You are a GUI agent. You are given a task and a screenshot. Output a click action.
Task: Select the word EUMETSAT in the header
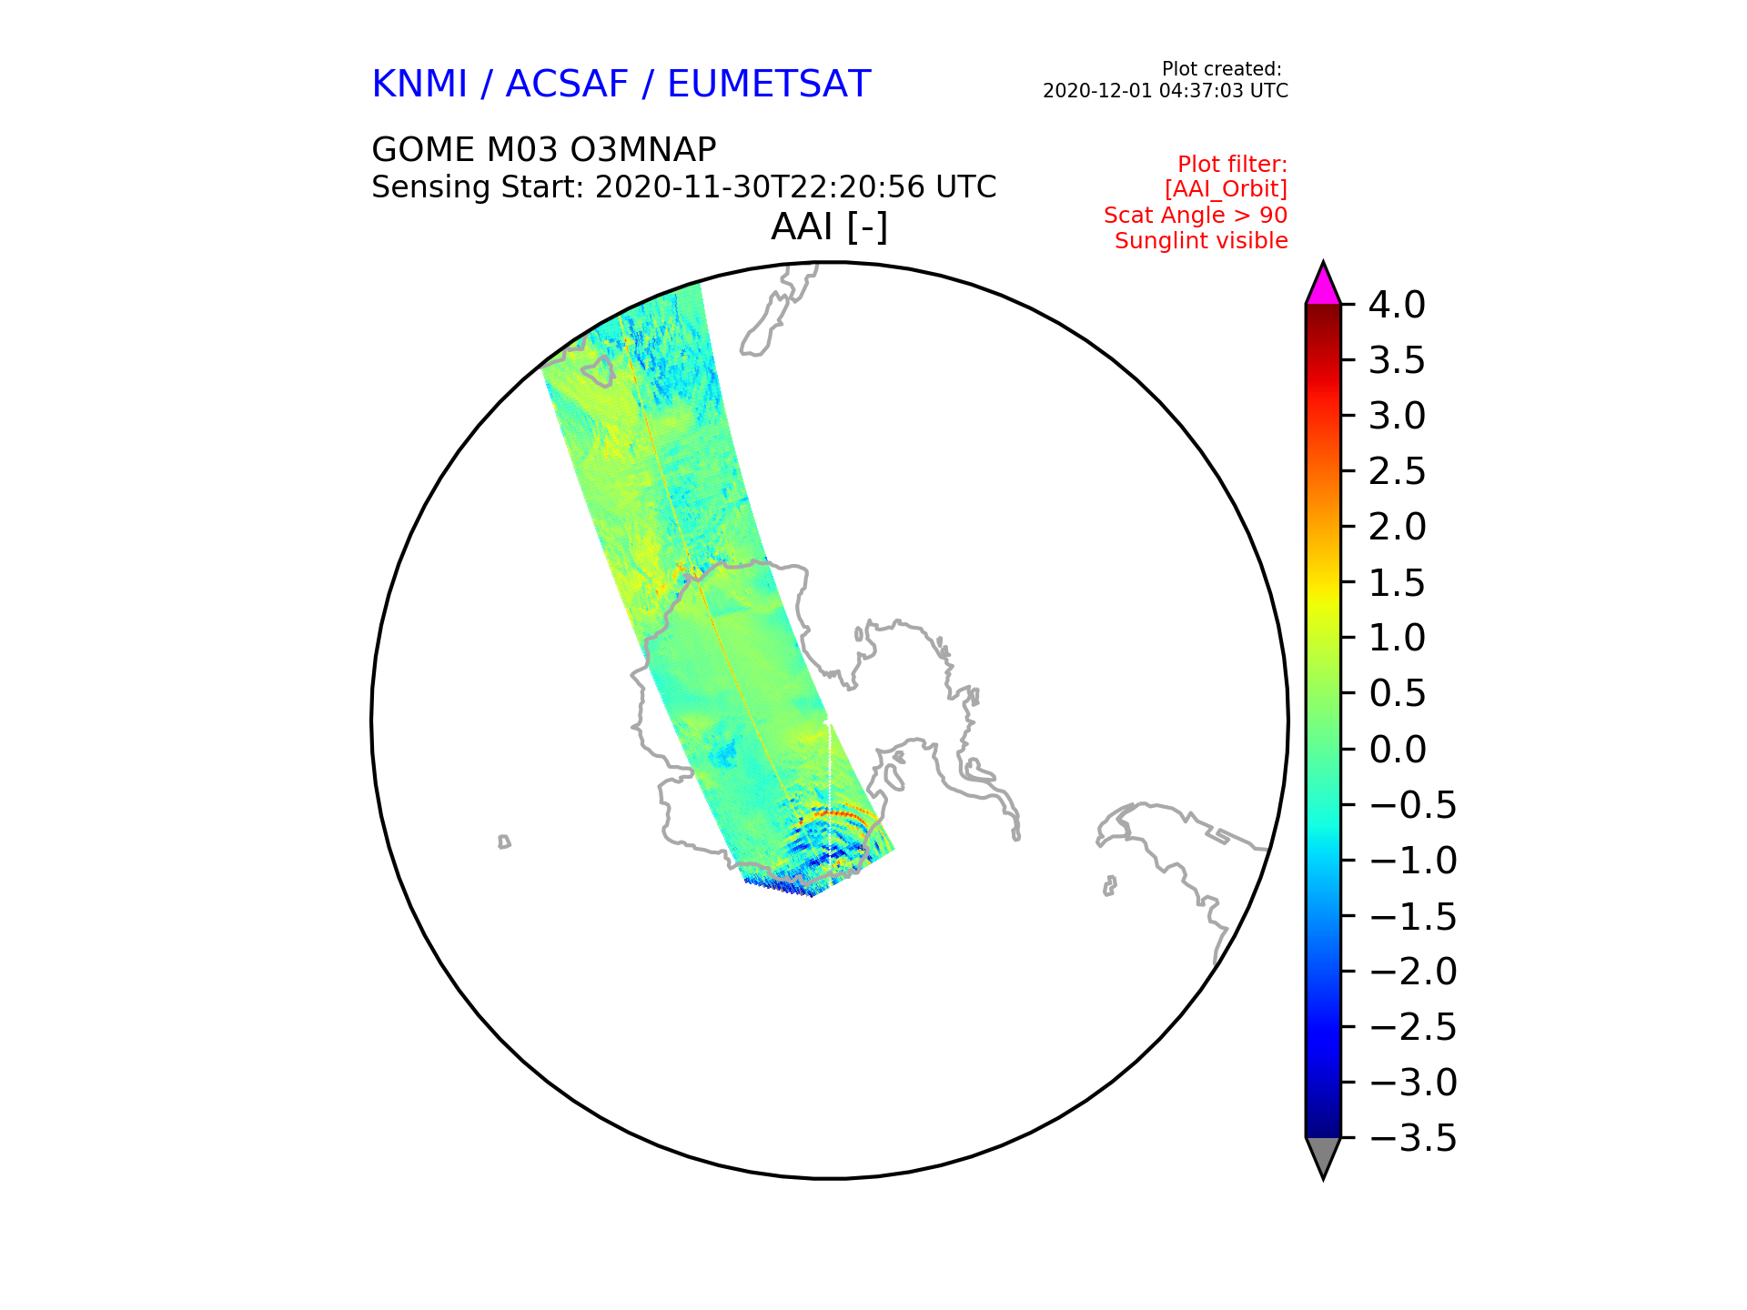(x=769, y=84)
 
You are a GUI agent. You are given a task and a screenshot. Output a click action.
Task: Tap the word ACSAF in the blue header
(x=567, y=84)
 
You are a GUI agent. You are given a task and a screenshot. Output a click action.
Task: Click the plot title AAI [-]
(x=829, y=227)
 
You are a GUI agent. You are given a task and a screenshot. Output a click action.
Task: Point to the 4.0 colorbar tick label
(x=1397, y=305)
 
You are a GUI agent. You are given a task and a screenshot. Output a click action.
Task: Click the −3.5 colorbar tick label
(x=1413, y=1138)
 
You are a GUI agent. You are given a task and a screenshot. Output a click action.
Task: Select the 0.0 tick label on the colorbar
(x=1397, y=750)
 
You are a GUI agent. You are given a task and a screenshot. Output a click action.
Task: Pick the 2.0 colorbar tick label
(x=1397, y=527)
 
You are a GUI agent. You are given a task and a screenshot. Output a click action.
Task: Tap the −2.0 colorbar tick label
(x=1413, y=972)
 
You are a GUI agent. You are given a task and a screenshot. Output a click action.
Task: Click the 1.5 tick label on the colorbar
(x=1397, y=583)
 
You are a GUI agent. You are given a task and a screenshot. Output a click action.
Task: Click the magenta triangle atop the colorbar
(x=1323, y=284)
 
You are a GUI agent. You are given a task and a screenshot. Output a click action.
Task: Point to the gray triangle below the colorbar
(x=1323, y=1157)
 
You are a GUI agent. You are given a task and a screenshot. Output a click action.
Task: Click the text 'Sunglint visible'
(x=1201, y=241)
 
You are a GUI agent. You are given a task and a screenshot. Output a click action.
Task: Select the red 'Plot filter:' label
(x=1233, y=165)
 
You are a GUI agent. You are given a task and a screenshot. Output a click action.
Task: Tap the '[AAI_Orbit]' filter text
(x=1226, y=189)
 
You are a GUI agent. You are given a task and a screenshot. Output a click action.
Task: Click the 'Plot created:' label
(x=1222, y=69)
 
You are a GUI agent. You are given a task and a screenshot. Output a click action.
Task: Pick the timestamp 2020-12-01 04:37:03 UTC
(x=1166, y=91)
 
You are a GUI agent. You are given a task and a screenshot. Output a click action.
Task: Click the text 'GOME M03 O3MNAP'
(x=544, y=149)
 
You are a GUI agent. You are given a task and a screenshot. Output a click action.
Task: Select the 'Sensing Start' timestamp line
(x=684, y=187)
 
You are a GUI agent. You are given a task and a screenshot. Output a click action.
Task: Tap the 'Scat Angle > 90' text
(x=1196, y=216)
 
